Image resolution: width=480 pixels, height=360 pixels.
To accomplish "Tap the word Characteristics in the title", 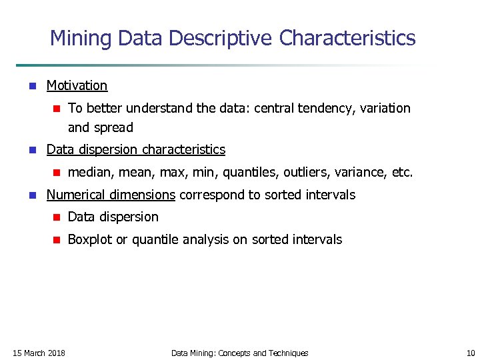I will [x=347, y=38].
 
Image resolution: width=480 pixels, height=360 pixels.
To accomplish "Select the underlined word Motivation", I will [x=77, y=85].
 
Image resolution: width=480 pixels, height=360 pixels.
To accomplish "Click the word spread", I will [x=114, y=127].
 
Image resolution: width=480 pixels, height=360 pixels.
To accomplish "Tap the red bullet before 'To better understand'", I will [x=57, y=108].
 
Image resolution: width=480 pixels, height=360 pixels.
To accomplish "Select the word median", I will [x=91, y=173].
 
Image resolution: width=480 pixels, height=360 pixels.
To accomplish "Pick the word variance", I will [x=361, y=173].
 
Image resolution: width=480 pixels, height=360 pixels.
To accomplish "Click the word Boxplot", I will [x=90, y=239].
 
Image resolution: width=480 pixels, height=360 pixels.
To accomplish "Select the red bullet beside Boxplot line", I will [x=57, y=240].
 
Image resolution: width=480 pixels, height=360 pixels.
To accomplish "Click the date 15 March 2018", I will [x=39, y=353].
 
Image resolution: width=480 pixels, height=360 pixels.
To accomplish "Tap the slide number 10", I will [x=470, y=353].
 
